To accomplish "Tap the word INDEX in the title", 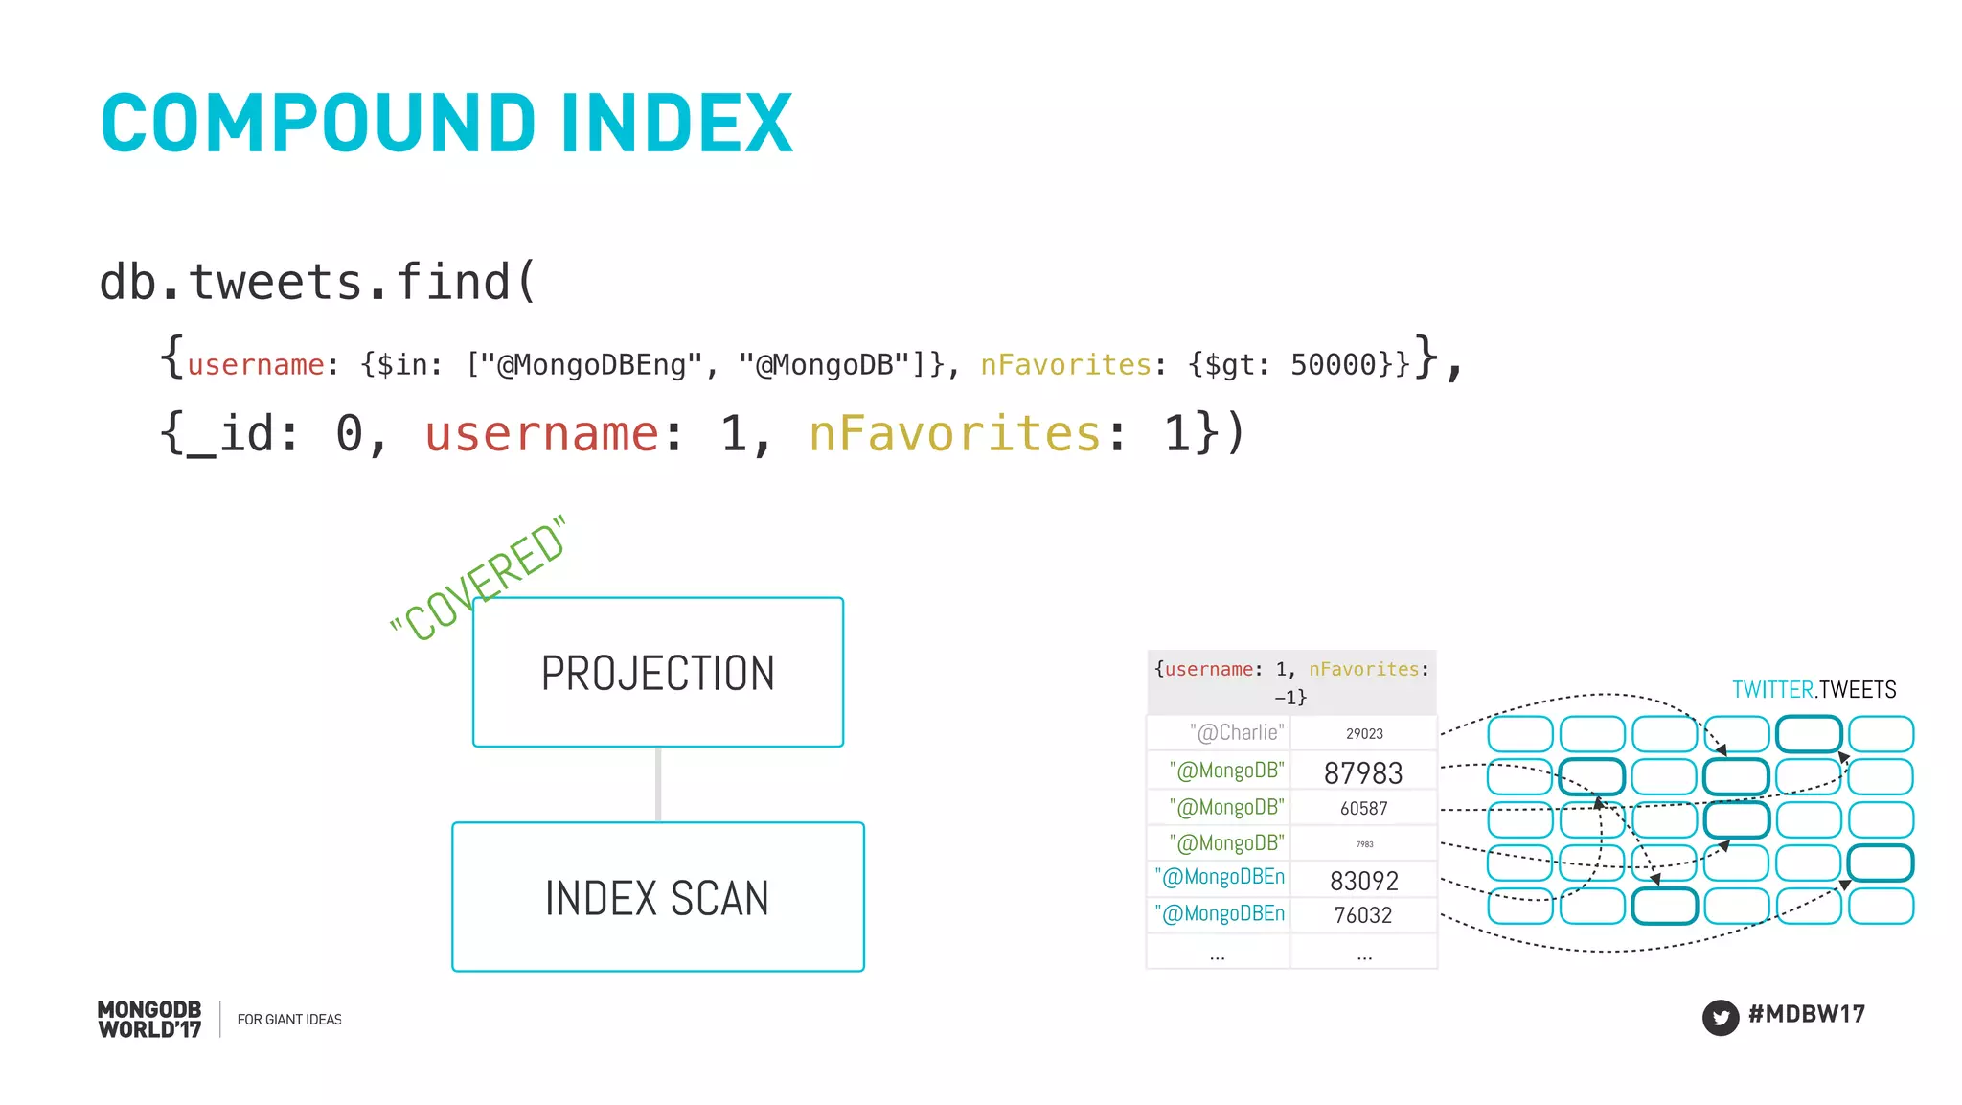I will (x=677, y=124).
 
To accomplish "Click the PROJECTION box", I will (x=658, y=672).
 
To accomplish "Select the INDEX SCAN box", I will (x=658, y=897).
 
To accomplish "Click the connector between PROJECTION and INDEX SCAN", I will (x=658, y=784).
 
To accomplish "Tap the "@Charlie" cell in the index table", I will (x=1236, y=733).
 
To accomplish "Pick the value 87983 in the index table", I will (x=1363, y=772).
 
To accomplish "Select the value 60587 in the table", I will (x=1363, y=809).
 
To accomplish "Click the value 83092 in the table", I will (x=1364, y=881).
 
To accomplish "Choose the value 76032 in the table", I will (x=1363, y=915).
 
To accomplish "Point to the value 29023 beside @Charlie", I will (x=1364, y=734).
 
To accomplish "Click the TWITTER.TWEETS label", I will (x=1814, y=690).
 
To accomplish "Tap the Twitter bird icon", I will (x=1721, y=1017).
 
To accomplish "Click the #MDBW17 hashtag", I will (x=1807, y=1014).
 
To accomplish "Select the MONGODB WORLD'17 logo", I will (x=149, y=1020).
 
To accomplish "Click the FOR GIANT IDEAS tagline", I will (x=289, y=1020).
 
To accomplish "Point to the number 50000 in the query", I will (x=1333, y=365).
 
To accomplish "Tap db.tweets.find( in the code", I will (x=317, y=283).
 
